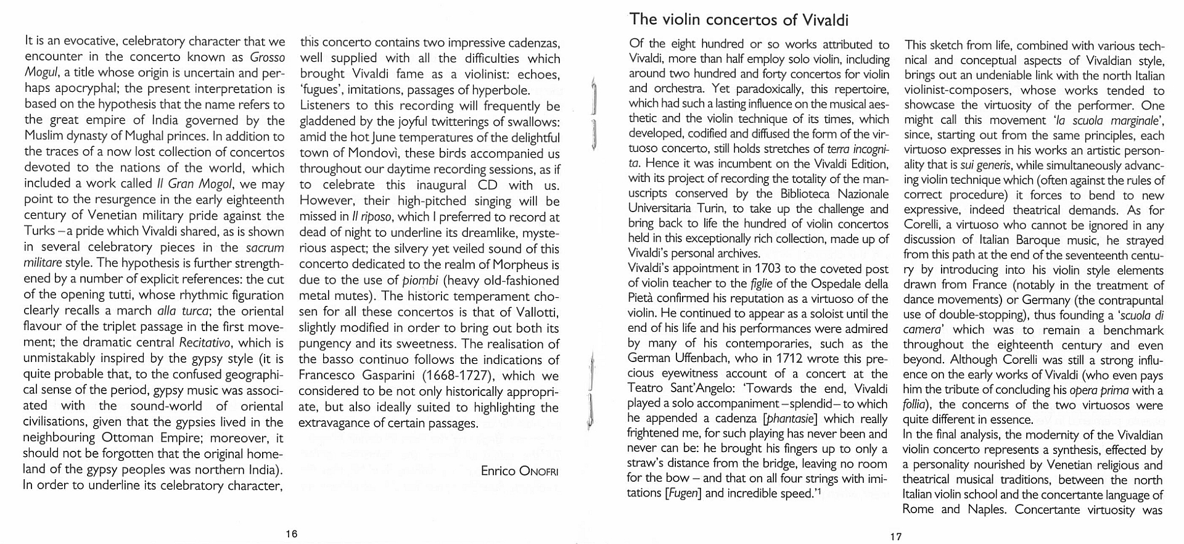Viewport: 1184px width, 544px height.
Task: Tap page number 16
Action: click(292, 534)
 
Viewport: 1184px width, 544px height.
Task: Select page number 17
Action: click(895, 537)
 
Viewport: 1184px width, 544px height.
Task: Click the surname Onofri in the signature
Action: click(538, 472)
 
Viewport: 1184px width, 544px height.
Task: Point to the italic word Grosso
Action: click(268, 57)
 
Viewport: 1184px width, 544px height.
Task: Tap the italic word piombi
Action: click(420, 281)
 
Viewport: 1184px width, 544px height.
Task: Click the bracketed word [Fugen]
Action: click(683, 493)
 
